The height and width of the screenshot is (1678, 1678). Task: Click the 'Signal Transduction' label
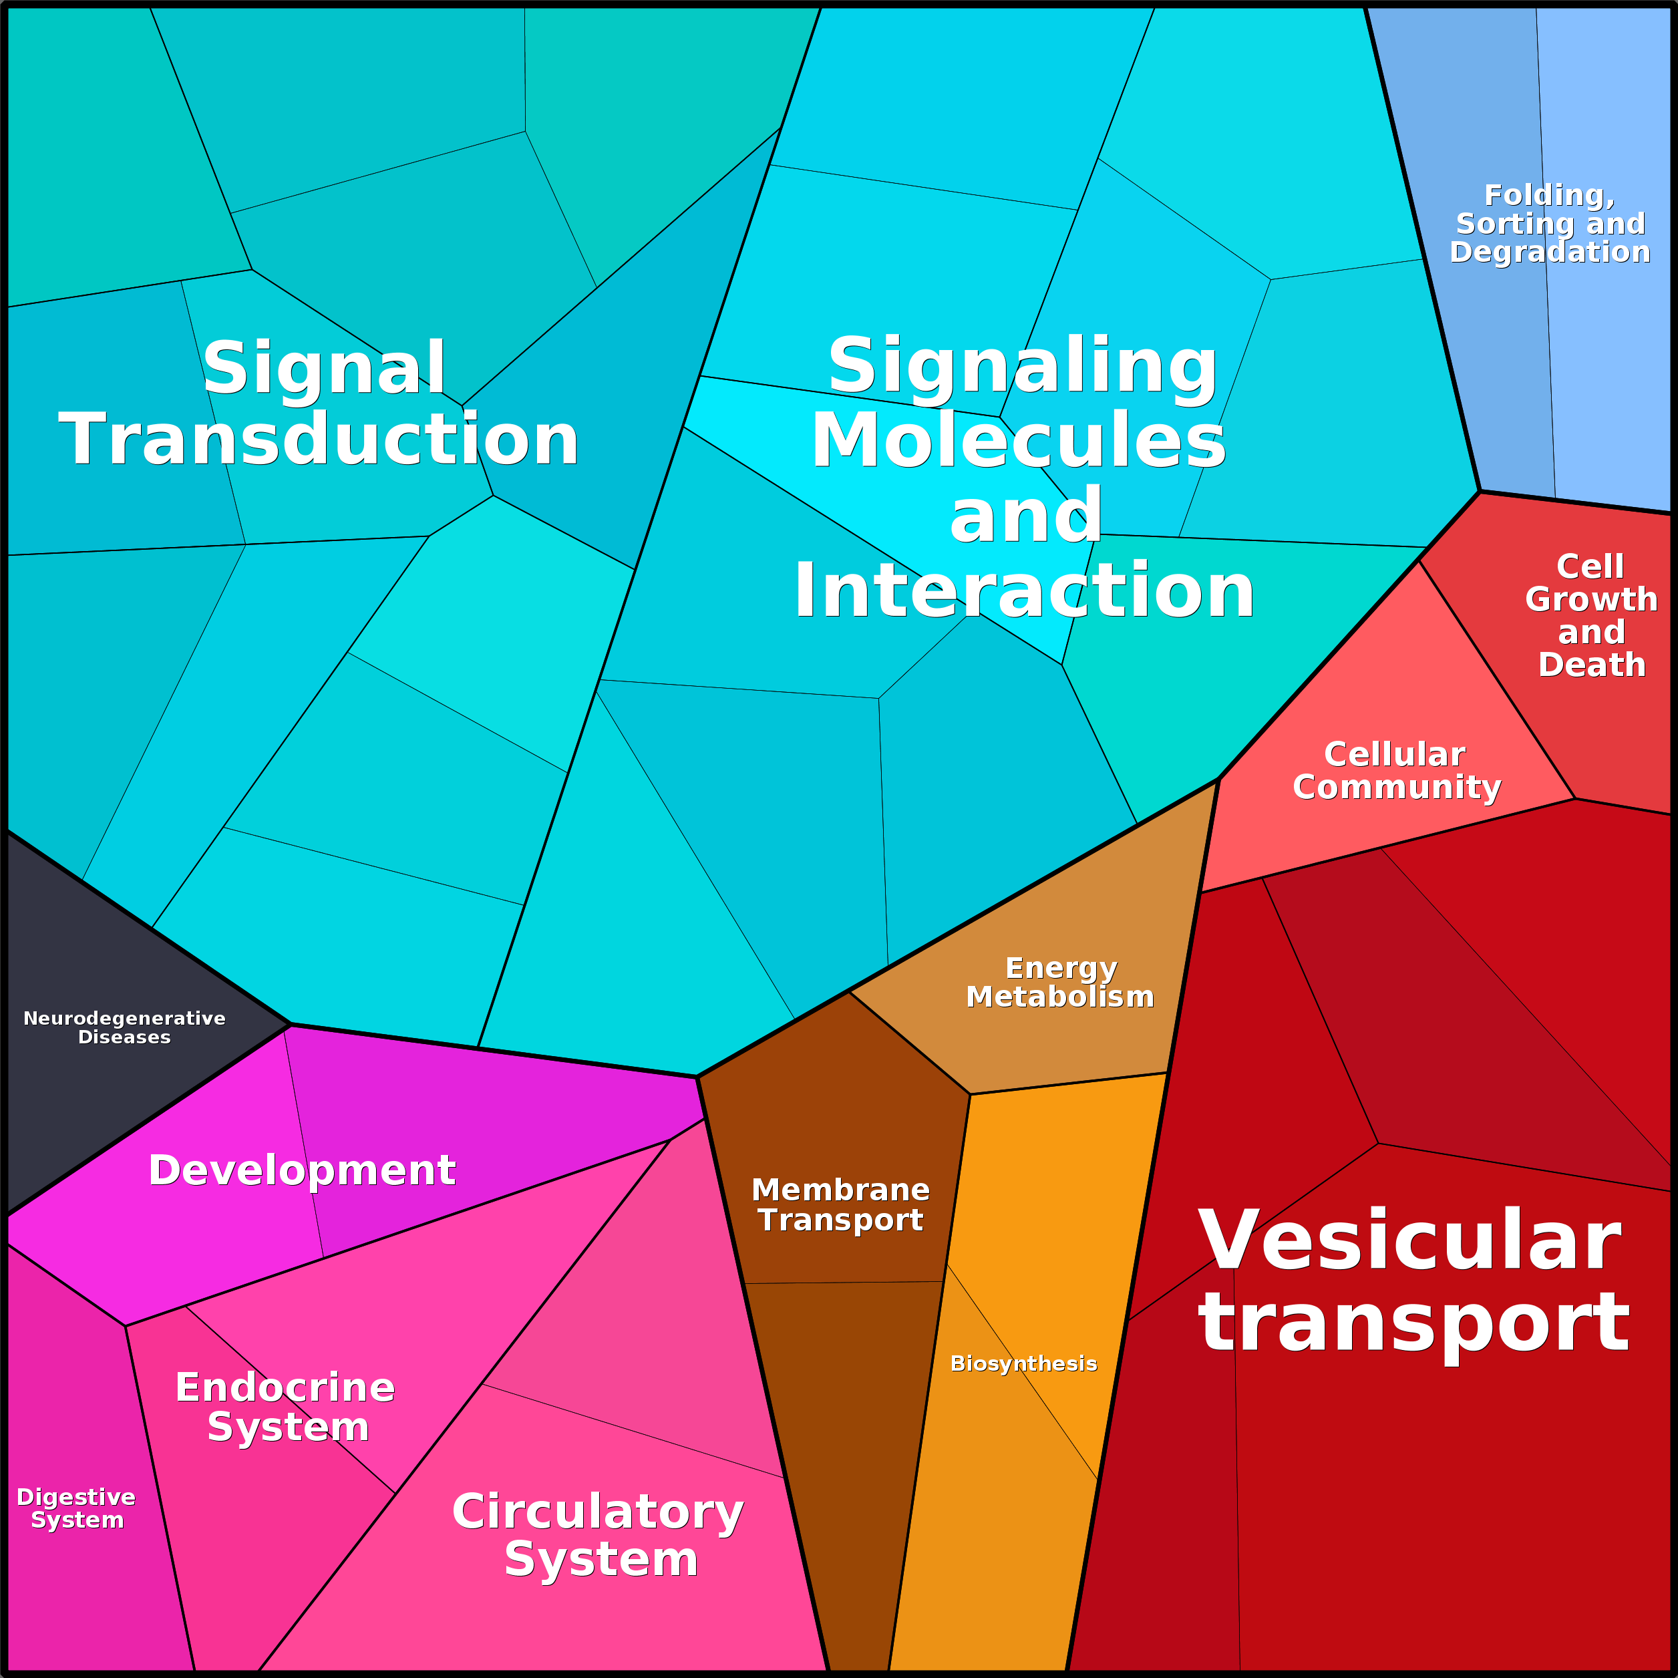(319, 403)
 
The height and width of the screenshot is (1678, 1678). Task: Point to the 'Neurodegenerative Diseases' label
(124, 1027)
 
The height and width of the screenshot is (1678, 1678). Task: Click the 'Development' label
(302, 1170)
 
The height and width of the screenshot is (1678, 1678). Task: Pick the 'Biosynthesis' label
(1024, 1363)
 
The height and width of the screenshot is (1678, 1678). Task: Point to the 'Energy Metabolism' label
(1061, 983)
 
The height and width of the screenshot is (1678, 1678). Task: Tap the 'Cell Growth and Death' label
(1591, 615)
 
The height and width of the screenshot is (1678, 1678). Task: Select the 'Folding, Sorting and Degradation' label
(1550, 223)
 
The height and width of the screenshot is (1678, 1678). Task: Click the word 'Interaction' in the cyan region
(1024, 591)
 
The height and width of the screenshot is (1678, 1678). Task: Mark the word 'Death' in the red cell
(1592, 665)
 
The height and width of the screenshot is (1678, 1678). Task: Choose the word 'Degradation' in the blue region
(1550, 252)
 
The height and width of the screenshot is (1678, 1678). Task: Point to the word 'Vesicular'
(1409, 1240)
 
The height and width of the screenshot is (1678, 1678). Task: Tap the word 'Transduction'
(319, 440)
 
